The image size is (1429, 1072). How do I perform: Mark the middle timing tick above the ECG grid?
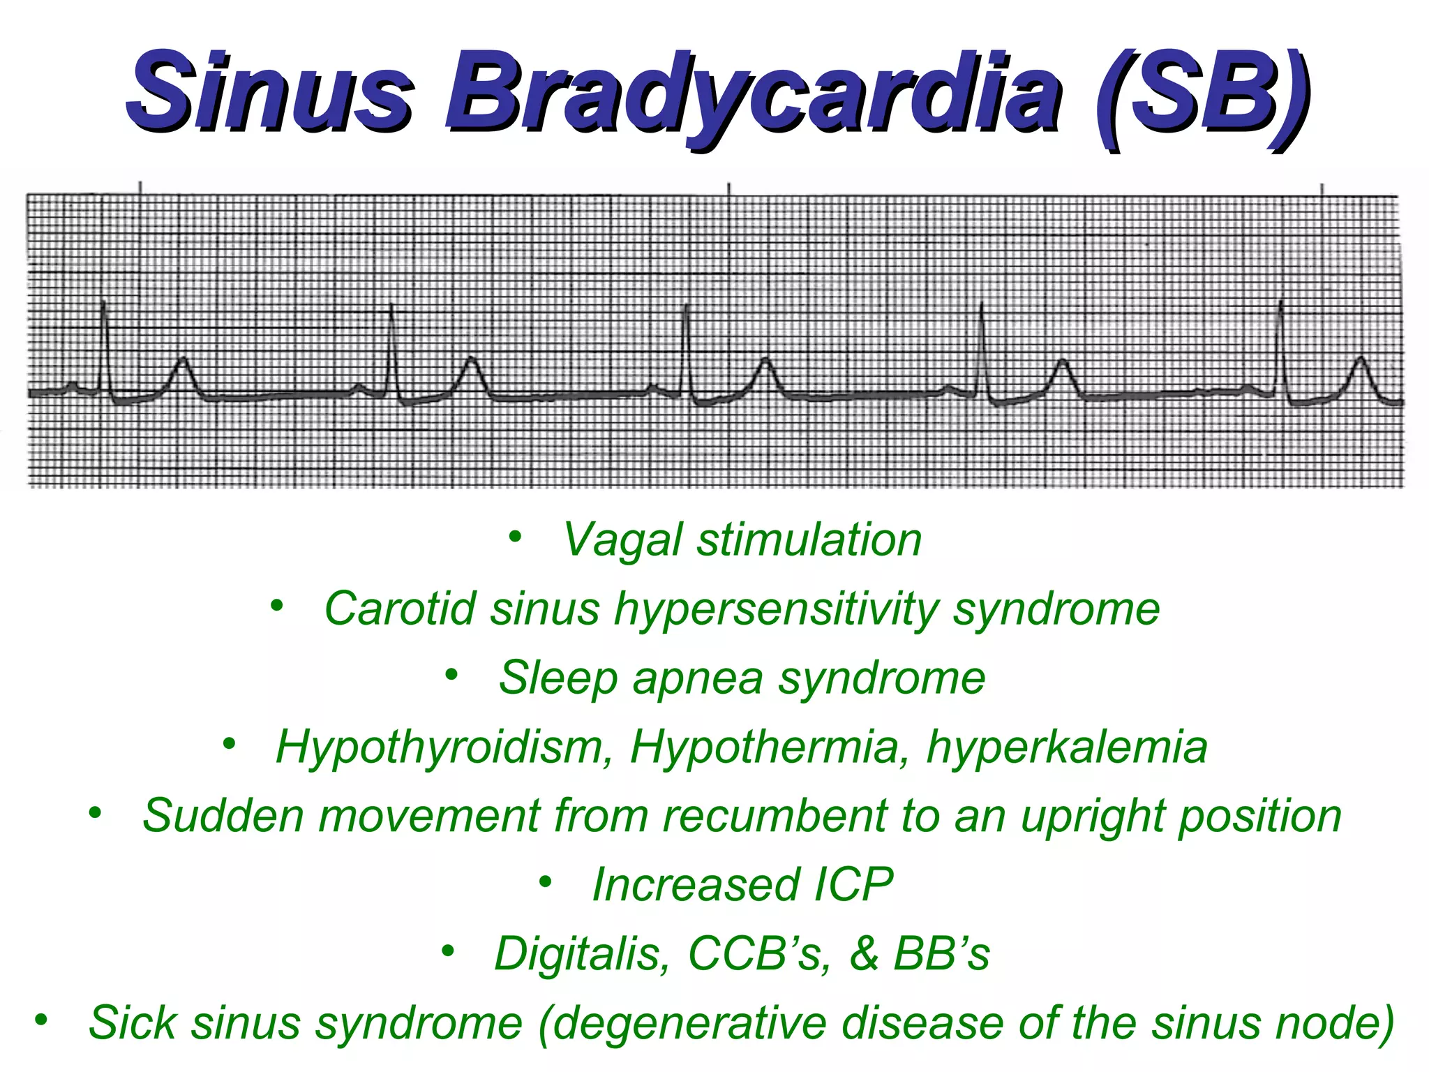[729, 188]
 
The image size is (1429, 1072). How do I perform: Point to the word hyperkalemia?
[1067, 747]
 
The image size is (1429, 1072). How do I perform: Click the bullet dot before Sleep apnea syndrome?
[452, 675]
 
